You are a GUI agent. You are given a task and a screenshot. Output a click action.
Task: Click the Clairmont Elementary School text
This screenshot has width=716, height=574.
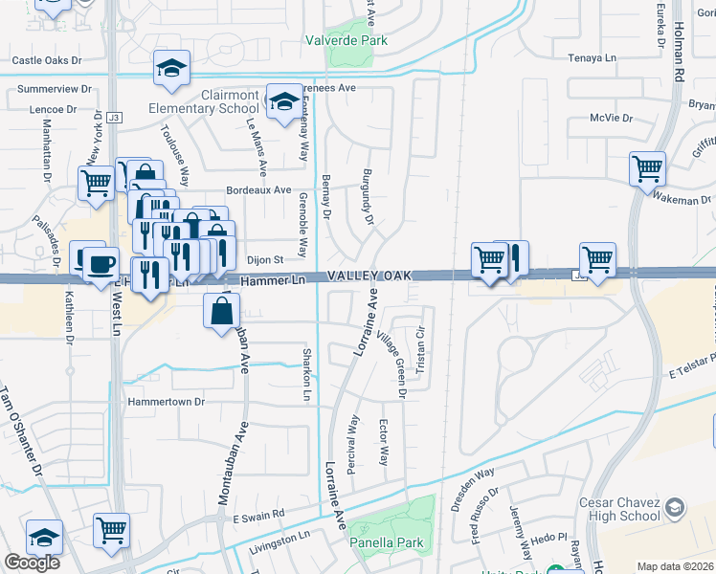pos(216,101)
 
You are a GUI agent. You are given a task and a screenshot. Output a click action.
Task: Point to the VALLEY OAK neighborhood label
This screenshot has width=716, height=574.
pos(369,276)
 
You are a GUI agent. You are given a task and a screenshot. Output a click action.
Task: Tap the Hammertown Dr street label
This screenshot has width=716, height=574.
pos(168,403)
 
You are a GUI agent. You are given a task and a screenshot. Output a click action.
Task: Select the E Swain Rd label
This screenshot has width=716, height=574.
pos(258,515)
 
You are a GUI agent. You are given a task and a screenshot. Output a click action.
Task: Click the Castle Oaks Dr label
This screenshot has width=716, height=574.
pos(48,59)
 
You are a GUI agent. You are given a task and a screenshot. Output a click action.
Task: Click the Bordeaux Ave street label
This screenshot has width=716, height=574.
pos(257,189)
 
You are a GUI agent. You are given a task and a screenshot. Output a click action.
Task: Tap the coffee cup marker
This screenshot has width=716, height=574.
pos(100,263)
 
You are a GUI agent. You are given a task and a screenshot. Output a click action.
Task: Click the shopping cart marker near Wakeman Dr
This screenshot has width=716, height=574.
pos(648,169)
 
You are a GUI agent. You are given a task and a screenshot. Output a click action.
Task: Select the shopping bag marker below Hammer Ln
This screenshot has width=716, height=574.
pos(222,309)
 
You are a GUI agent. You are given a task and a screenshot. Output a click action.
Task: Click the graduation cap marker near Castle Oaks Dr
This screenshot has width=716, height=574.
pos(171,68)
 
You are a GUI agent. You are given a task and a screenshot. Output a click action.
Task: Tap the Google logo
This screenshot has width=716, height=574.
pos(32,563)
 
